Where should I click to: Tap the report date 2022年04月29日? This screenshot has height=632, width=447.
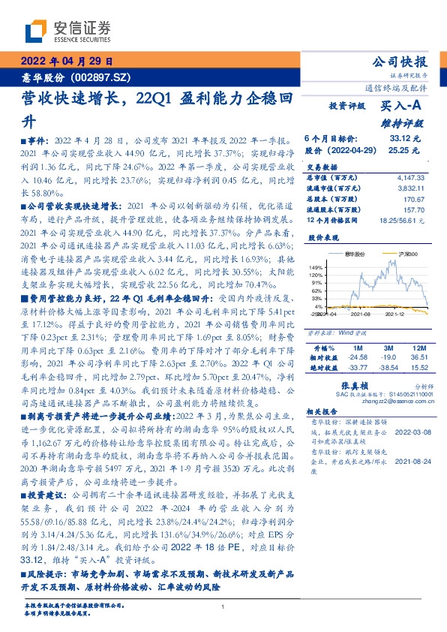[x=66, y=62]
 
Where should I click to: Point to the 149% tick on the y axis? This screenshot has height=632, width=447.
[x=316, y=267]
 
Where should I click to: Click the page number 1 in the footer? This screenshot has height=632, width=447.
[x=223, y=606]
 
